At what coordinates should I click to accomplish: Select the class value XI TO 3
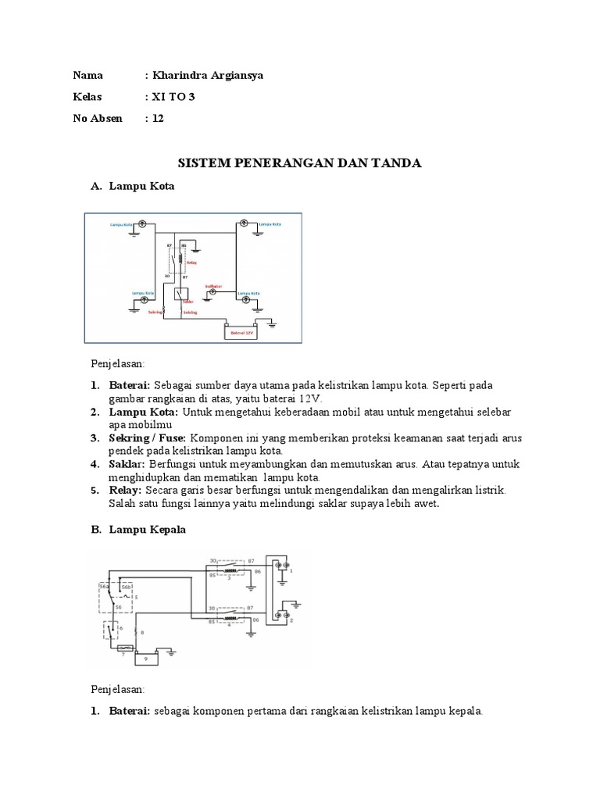tap(173, 97)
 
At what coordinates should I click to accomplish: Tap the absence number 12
tap(159, 119)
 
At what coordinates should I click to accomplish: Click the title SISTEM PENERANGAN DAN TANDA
tap(300, 163)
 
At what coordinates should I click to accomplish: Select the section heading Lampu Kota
tap(141, 187)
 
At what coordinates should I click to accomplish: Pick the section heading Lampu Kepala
tap(148, 530)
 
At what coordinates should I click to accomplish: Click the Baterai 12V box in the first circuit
tap(239, 332)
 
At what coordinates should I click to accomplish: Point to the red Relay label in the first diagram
tap(191, 263)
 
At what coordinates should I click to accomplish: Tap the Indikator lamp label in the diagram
tap(213, 286)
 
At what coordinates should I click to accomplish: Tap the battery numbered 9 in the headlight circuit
tap(145, 658)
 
